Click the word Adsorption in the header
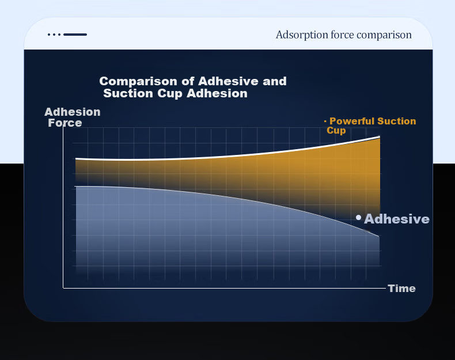pyautogui.click(x=302, y=35)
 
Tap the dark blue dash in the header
pyautogui.click(x=75, y=35)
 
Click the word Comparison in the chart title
pyautogui.click(x=138, y=81)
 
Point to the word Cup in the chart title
pyautogui.click(x=170, y=94)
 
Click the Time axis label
pyautogui.click(x=401, y=289)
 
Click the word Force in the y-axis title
pyautogui.click(x=65, y=123)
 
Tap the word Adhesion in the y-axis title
pyautogui.click(x=73, y=112)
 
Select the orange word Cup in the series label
pyautogui.click(x=336, y=130)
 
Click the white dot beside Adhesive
pyautogui.click(x=359, y=217)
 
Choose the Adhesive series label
pyautogui.click(x=397, y=219)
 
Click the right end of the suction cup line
pyautogui.click(x=380, y=137)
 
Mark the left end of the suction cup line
pyautogui.click(x=75, y=158)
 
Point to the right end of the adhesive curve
pyautogui.click(x=380, y=236)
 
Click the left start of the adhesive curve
pyautogui.click(x=75, y=186)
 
